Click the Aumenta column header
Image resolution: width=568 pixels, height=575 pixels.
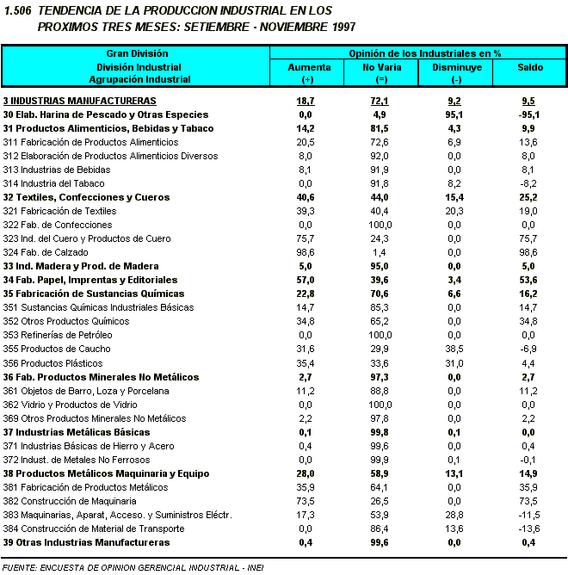pyautogui.click(x=307, y=66)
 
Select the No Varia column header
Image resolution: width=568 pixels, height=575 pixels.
pyautogui.click(x=380, y=66)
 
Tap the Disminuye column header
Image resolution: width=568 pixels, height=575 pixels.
pyautogui.click(x=456, y=66)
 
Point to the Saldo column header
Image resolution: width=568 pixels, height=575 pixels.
pyautogui.click(x=529, y=66)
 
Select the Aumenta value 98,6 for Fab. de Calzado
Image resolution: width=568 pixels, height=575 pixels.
pyautogui.click(x=306, y=252)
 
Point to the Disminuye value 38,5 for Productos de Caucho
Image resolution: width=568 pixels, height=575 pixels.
pyautogui.click(x=456, y=349)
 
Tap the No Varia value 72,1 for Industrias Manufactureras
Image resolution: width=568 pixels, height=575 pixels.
pyautogui.click(x=380, y=101)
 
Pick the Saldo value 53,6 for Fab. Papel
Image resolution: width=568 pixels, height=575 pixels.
pyautogui.click(x=528, y=280)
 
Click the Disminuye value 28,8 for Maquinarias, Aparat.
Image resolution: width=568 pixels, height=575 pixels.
pyautogui.click(x=456, y=514)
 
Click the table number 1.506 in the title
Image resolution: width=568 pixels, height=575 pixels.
pyautogui.click(x=18, y=10)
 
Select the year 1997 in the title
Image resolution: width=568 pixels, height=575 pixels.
pyautogui.click(x=312, y=26)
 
